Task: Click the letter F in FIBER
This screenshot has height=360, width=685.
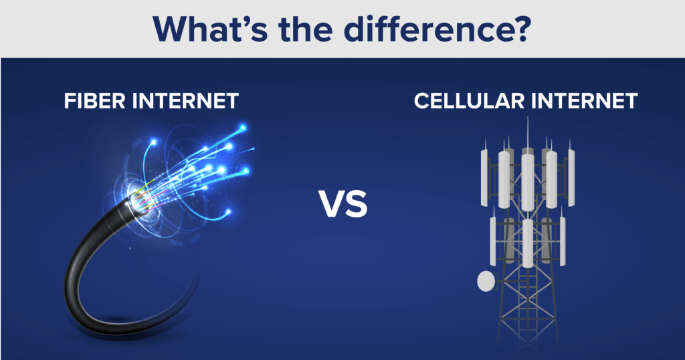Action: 68,101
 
